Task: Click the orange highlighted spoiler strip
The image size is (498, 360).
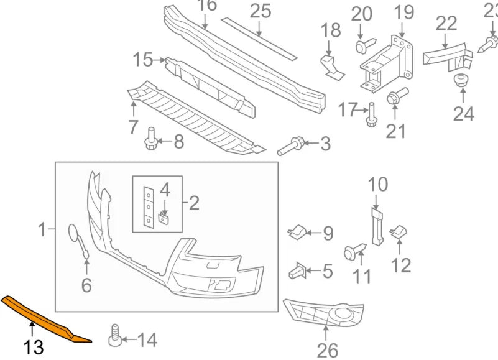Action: tap(44, 316)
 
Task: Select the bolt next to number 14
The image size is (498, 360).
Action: tap(114, 335)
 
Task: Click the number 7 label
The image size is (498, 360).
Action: tap(133, 127)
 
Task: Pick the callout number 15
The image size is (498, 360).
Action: tap(143, 60)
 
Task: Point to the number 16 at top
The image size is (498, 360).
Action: tap(207, 6)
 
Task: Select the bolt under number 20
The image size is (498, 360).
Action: tap(364, 45)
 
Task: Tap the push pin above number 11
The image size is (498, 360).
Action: tap(353, 252)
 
